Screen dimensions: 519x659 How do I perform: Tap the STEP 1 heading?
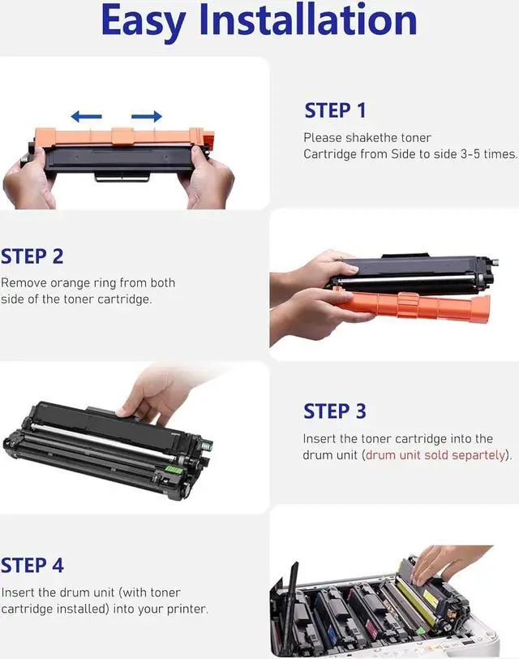pos(335,110)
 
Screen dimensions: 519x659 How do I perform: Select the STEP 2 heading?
pos(32,256)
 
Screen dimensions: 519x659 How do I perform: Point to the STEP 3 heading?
pos(335,411)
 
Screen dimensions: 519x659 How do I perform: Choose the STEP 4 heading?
pos(32,566)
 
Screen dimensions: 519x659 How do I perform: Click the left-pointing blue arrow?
pos(87,116)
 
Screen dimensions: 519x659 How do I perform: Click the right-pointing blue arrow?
pos(147,116)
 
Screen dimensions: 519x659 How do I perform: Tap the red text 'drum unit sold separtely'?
pos(435,455)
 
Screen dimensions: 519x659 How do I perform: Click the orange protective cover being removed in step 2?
pos(414,305)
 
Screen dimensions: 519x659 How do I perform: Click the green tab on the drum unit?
pos(174,469)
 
